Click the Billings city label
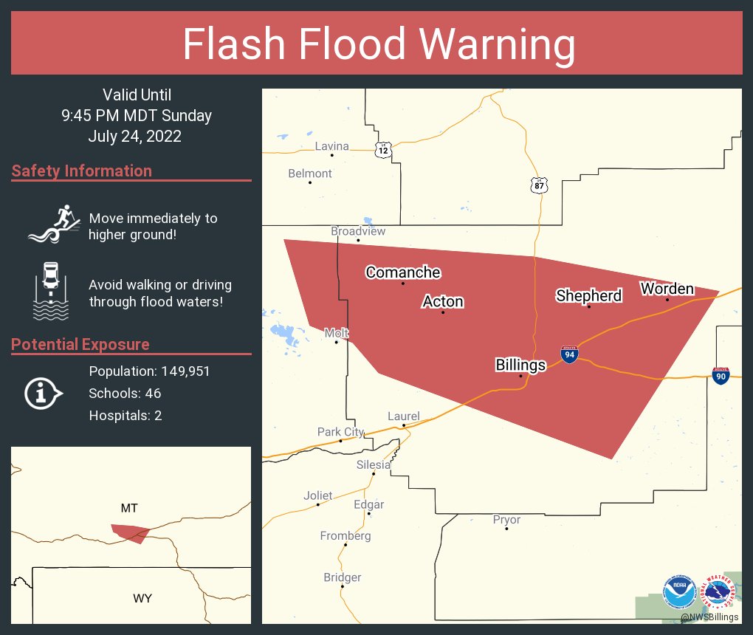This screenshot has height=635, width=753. tap(520, 365)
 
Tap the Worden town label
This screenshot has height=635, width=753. tap(667, 289)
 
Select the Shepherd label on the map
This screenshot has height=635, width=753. tap(588, 296)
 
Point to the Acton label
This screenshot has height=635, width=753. tap(443, 301)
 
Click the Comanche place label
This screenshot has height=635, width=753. tap(403, 272)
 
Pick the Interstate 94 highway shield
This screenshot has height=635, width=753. tap(568, 354)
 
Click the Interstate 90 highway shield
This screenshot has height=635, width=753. tap(721, 375)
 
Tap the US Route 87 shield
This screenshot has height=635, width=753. tap(539, 185)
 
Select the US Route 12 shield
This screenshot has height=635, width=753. tap(382, 150)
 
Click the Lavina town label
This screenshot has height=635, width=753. tap(331, 146)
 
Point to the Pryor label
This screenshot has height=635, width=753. tap(506, 520)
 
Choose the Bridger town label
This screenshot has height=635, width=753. tap(343, 577)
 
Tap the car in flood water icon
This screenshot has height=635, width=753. tap(50, 291)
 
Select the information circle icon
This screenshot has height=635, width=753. tap(43, 394)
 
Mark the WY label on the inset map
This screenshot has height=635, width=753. tap(142, 598)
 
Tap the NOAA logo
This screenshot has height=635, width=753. tap(678, 592)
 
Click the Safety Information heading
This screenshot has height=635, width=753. tap(82, 171)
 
